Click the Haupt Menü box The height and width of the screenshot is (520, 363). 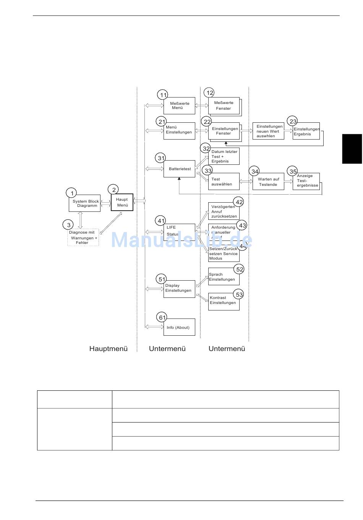(122, 202)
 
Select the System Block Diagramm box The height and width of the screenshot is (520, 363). (85, 204)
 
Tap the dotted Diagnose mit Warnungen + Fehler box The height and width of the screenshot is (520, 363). (83, 237)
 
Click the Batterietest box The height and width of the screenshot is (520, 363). (179, 169)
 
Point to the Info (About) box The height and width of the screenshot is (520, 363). (179, 327)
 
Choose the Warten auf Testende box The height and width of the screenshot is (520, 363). (268, 182)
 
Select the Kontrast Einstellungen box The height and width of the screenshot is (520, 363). (224, 301)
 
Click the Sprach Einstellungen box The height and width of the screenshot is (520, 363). (224, 277)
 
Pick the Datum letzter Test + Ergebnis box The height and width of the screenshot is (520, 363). (224, 156)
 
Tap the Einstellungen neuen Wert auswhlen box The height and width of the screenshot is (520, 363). (268, 131)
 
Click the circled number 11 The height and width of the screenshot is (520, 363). (163, 95)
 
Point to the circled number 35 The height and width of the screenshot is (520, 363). (293, 171)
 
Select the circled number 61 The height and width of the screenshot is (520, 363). (162, 317)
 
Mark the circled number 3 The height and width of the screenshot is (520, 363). (68, 225)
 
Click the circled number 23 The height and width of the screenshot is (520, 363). (293, 121)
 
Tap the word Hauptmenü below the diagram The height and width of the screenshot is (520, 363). (109, 349)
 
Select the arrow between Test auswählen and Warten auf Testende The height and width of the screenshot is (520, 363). (246, 182)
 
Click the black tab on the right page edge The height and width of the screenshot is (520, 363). (352, 149)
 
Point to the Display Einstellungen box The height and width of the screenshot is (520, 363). (179, 289)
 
